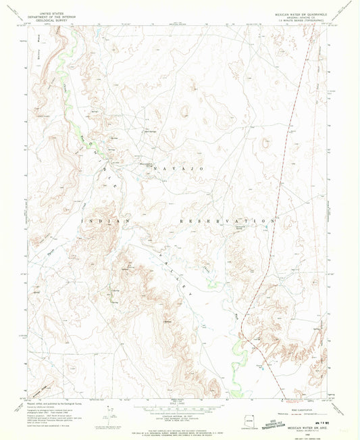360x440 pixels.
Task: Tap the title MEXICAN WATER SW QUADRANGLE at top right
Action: (x=301, y=13)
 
